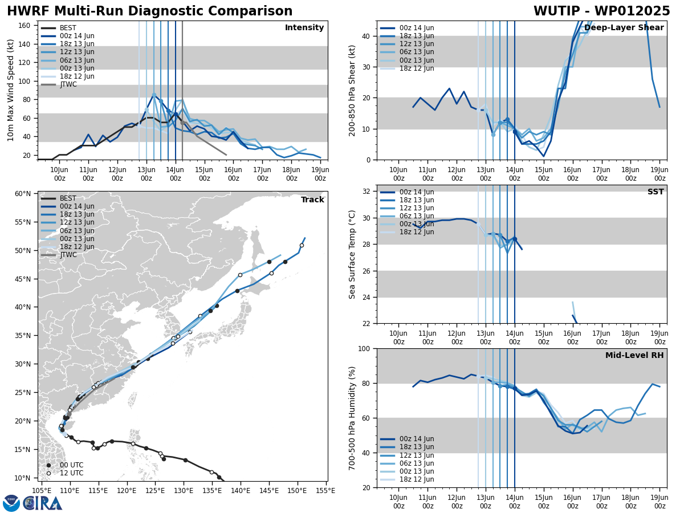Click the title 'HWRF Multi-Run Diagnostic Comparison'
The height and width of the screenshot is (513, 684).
(149, 11)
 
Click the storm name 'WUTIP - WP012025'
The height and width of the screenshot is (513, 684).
(601, 11)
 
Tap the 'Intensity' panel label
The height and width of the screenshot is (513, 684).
(304, 28)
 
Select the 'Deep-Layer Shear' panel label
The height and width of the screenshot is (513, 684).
(624, 28)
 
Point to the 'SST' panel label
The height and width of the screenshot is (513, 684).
(655, 192)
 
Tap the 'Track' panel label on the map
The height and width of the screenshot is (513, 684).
(312, 200)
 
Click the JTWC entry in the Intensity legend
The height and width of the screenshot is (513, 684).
(68, 84)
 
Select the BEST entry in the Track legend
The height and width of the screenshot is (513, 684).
(68, 198)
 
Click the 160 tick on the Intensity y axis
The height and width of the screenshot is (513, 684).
(25, 25)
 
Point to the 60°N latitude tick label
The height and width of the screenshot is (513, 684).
(23, 194)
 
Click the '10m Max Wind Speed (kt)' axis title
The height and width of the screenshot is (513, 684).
(10, 90)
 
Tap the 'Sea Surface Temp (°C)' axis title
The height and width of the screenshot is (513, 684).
(353, 254)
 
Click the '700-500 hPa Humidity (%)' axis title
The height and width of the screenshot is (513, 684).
(353, 418)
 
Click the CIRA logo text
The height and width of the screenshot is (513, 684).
(43, 503)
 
